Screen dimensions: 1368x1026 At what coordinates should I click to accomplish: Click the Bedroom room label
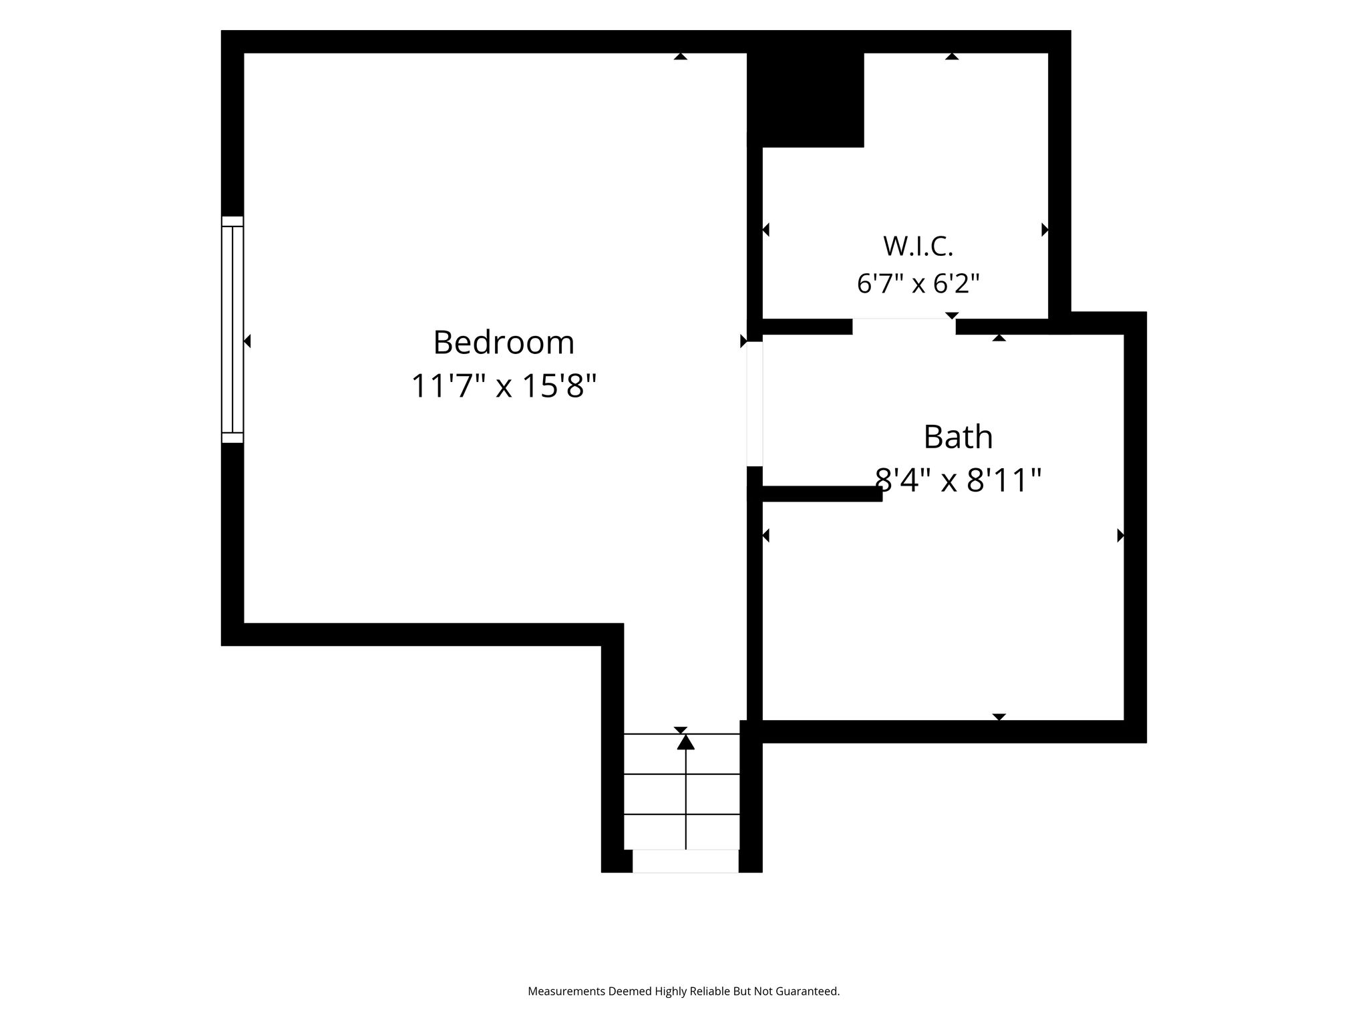pyautogui.click(x=504, y=343)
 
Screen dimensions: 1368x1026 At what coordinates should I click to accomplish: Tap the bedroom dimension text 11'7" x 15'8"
pyautogui.click(x=504, y=386)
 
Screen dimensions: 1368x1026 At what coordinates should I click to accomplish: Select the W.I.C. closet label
pyautogui.click(x=918, y=246)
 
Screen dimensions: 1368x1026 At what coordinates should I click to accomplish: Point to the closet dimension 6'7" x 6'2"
pyautogui.click(x=918, y=284)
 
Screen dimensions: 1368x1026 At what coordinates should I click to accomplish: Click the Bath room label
pyautogui.click(x=958, y=438)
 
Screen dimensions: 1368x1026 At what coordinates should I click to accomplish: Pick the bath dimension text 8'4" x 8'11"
pyautogui.click(x=958, y=480)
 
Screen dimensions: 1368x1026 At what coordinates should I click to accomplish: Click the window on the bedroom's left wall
pyautogui.click(x=232, y=329)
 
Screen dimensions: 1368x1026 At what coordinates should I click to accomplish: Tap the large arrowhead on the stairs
pyautogui.click(x=686, y=741)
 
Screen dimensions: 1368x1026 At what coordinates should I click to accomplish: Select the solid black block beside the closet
pyautogui.click(x=806, y=100)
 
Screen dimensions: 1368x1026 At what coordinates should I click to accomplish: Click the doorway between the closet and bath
pyautogui.click(x=904, y=326)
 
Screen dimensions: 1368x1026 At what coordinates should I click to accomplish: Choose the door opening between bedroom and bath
pyautogui.click(x=755, y=404)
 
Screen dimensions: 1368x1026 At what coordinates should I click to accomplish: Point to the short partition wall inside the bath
pyautogui.click(x=815, y=494)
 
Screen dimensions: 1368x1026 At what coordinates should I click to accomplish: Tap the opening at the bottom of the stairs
pyautogui.click(x=685, y=861)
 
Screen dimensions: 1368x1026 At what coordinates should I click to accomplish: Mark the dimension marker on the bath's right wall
pyautogui.click(x=1121, y=535)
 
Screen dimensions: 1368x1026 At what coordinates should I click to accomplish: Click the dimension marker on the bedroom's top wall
pyautogui.click(x=681, y=56)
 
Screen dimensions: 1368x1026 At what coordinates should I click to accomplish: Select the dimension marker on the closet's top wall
pyautogui.click(x=952, y=56)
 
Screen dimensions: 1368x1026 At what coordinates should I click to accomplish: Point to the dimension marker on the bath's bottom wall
pyautogui.click(x=999, y=717)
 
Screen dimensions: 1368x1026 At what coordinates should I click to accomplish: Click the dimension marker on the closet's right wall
pyautogui.click(x=1045, y=230)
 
